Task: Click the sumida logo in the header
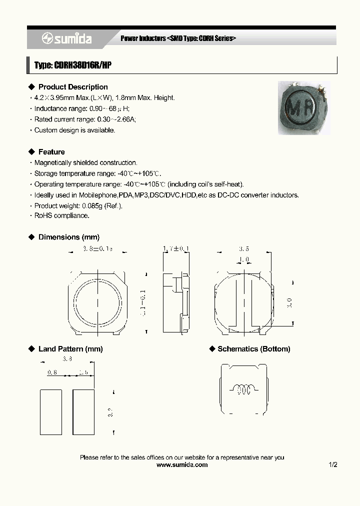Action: (67, 38)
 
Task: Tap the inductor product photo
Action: (304, 107)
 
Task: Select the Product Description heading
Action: (73, 87)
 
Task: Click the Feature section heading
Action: (51, 152)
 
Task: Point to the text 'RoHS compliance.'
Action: (61, 215)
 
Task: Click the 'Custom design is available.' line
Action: (74, 130)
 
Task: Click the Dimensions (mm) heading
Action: (68, 237)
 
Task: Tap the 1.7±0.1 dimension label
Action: (176, 248)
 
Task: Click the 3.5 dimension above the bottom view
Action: (244, 248)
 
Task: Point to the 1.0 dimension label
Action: (244, 260)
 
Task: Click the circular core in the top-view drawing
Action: (97, 302)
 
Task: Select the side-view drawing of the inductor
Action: (176, 301)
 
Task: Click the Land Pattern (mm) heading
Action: (70, 349)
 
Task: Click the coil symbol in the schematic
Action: (243, 389)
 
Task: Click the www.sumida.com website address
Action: (182, 464)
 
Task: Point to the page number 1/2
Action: (333, 464)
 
